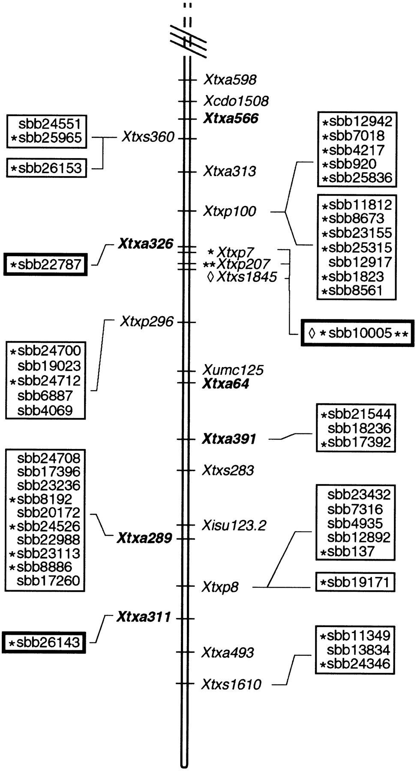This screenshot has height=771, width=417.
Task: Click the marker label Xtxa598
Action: click(230, 80)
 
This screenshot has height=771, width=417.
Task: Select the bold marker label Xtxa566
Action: click(231, 118)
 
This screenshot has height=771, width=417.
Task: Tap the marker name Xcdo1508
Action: click(236, 101)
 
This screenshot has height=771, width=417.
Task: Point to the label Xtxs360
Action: click(148, 137)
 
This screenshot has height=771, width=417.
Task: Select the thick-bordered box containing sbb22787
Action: click(45, 264)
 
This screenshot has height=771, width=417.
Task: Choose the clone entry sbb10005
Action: click(360, 333)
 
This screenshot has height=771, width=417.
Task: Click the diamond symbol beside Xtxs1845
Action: click(210, 277)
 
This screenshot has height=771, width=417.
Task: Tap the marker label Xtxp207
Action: click(243, 264)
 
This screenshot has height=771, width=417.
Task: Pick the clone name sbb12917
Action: click(360, 262)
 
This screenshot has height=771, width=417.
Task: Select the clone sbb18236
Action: click(359, 428)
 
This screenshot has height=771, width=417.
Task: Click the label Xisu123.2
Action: click(234, 525)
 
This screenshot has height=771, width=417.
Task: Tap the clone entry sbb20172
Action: click(48, 512)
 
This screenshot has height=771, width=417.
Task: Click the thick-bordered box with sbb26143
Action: click(44, 642)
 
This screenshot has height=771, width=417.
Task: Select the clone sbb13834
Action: click(358, 650)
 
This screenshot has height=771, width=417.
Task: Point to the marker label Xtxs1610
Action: click(231, 684)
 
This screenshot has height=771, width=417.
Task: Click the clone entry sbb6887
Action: click(45, 396)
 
